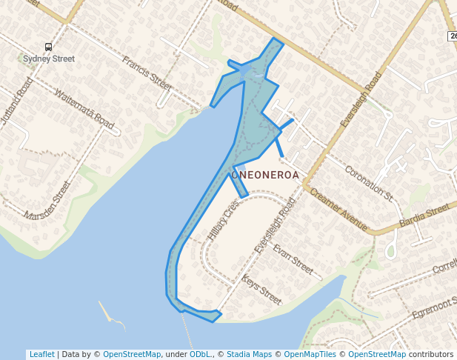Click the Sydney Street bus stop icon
point(49,47)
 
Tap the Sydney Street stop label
point(49,59)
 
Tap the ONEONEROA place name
point(265,176)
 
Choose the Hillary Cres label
point(224,221)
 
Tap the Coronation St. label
point(369,181)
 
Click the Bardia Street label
point(424,216)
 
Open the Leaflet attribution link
point(41,355)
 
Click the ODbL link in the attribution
point(200,355)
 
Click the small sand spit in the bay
point(111,314)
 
